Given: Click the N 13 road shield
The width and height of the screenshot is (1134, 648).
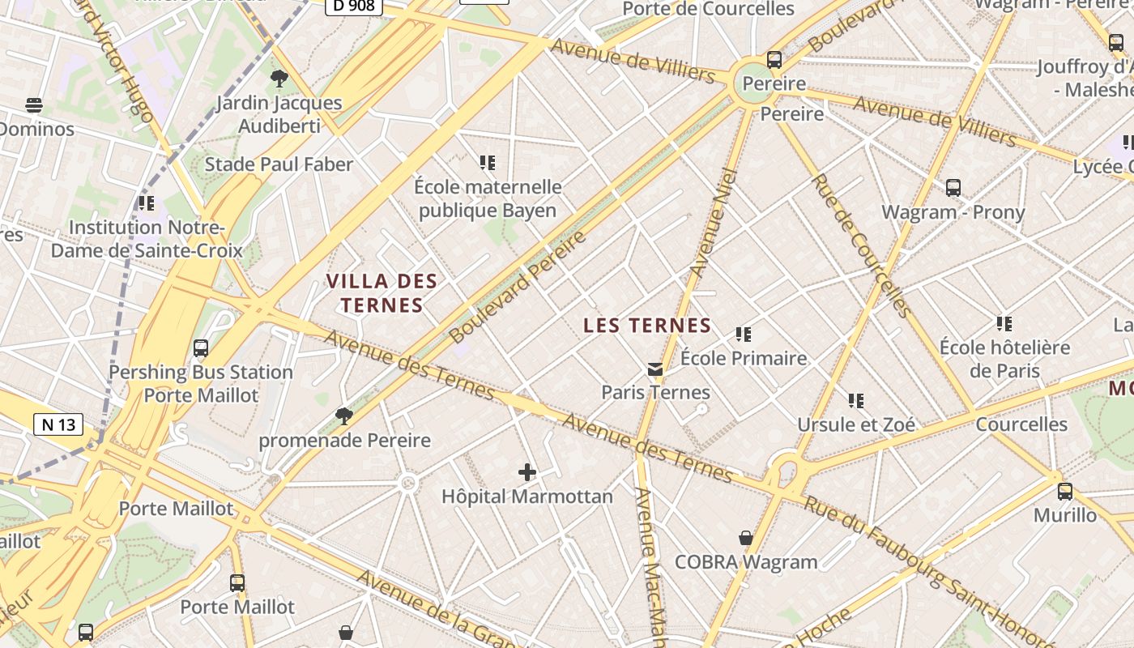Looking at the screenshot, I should coord(58,424).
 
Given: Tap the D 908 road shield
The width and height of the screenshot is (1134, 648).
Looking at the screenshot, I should coord(353,6).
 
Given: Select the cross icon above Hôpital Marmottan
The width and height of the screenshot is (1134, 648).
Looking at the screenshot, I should coord(527,471).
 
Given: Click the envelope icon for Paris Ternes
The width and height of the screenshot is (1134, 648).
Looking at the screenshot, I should coord(655,369).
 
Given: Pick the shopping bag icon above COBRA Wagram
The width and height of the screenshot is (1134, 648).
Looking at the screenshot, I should coord(746,538).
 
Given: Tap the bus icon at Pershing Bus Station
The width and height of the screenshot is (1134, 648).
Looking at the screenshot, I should coord(201,348).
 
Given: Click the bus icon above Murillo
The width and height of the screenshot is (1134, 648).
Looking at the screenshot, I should coord(1065,491).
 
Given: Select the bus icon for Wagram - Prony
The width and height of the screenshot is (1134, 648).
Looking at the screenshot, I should coord(953,188).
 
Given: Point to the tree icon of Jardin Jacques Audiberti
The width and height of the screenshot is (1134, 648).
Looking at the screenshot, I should coord(279,79).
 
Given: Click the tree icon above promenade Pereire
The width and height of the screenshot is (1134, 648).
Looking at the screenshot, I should coord(344,416).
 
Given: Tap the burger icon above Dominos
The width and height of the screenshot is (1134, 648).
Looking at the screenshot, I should coord(34,105).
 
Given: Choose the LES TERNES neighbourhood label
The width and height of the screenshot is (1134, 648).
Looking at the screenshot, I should coord(647,326).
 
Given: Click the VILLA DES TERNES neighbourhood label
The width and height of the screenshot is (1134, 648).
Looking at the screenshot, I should coord(382,293).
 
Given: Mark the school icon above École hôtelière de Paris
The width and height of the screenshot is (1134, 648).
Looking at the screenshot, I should coord(1004,324).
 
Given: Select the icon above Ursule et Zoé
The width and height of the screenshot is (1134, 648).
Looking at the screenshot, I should coord(856,400).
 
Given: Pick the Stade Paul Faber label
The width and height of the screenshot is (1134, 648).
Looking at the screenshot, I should coord(279,164).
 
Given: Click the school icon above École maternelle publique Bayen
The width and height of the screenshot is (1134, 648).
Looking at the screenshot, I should coord(487,163).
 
